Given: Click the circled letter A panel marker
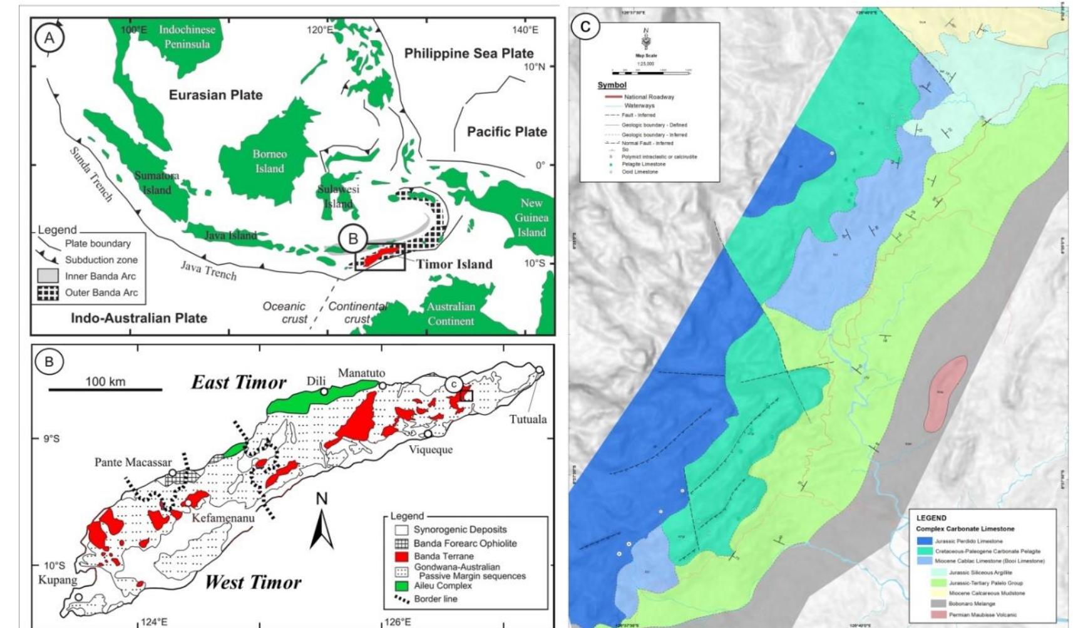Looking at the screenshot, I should click(x=49, y=38).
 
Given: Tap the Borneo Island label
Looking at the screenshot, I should click(x=269, y=161).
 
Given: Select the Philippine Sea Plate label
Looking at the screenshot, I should click(x=468, y=54).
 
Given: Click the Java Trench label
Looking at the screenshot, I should click(x=208, y=269).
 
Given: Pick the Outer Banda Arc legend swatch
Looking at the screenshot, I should click(x=48, y=292).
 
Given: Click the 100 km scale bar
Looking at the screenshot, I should click(x=105, y=389).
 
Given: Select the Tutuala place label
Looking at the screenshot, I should click(x=528, y=419).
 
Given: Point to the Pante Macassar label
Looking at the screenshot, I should click(x=133, y=462).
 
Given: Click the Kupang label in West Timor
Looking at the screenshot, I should click(x=58, y=580).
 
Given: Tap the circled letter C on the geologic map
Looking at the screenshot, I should click(x=585, y=27).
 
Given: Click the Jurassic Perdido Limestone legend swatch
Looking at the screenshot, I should click(x=925, y=541).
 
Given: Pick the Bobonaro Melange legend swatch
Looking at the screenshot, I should click(x=925, y=604).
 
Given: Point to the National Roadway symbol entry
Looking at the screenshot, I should click(x=610, y=97).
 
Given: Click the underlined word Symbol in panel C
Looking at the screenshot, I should click(x=612, y=85).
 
